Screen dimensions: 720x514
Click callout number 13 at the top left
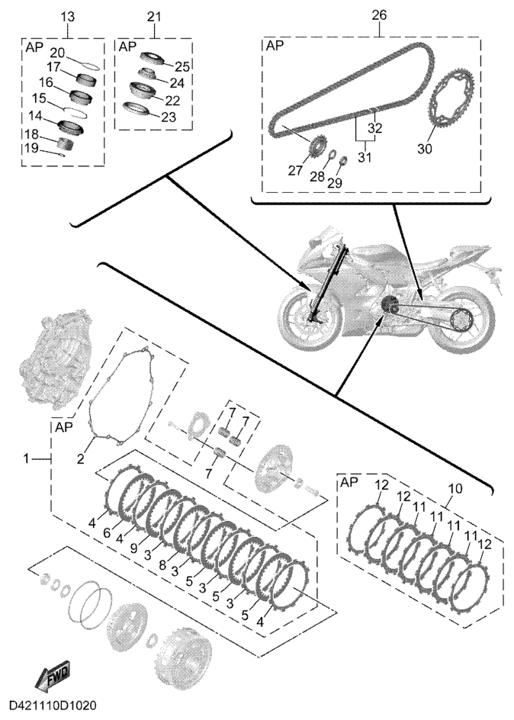[67, 16]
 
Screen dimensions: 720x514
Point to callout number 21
[154, 16]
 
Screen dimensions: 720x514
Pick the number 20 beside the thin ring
[57, 52]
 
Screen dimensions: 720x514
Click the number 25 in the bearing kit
[182, 66]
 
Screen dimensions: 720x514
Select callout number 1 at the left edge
[27, 458]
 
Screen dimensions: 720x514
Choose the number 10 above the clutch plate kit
[455, 487]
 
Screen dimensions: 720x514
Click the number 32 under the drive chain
[374, 127]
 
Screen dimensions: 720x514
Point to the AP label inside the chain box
[272, 47]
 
